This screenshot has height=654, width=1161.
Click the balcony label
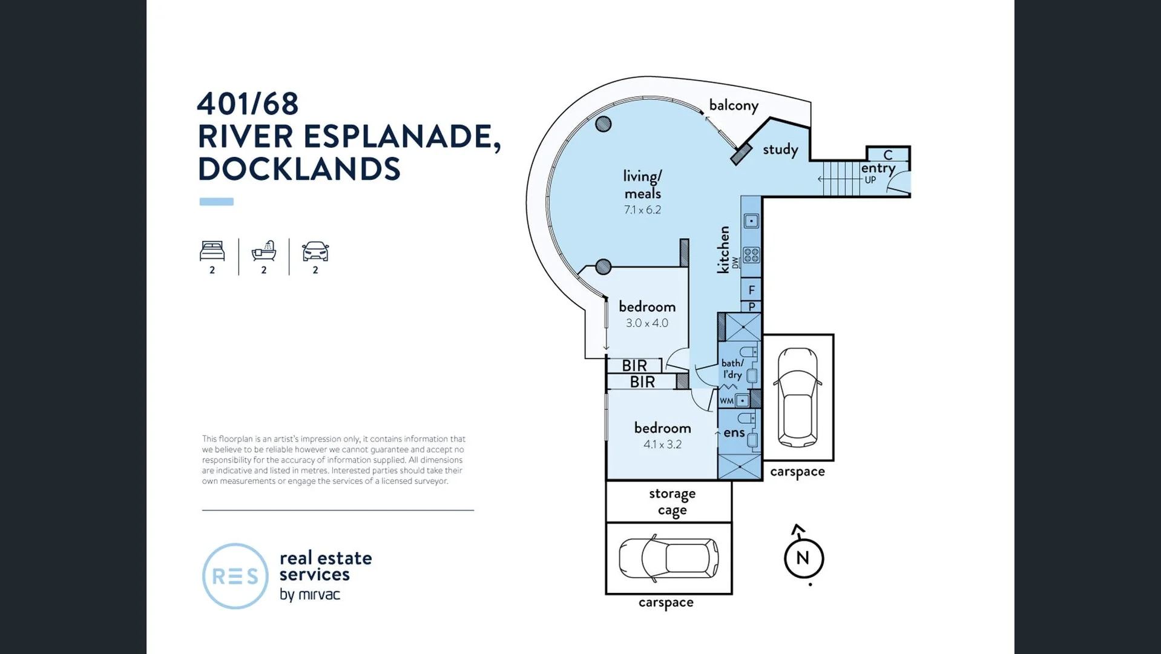point(734,105)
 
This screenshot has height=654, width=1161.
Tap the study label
point(780,150)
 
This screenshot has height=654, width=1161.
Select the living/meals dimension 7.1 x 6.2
point(642,210)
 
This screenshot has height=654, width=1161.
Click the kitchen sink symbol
point(751,221)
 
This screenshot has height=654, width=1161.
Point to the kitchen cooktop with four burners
point(751,255)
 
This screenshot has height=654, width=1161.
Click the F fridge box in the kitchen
point(751,289)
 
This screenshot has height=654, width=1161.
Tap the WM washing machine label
point(726,401)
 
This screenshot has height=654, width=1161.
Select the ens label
point(734,432)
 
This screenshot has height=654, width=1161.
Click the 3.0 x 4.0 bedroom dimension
point(647,323)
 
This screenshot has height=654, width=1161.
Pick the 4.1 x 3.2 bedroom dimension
point(662,444)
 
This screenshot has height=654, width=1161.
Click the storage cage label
point(672,502)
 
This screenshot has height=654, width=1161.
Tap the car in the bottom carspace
point(669,558)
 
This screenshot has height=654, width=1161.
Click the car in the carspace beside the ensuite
point(798,397)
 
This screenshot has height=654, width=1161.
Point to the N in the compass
point(803,558)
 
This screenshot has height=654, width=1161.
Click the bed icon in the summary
point(212,251)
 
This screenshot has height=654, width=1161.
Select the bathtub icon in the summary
point(264,250)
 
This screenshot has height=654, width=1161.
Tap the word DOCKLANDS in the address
point(299,169)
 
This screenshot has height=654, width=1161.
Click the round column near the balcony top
point(603,124)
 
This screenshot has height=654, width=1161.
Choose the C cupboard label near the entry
point(888,155)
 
